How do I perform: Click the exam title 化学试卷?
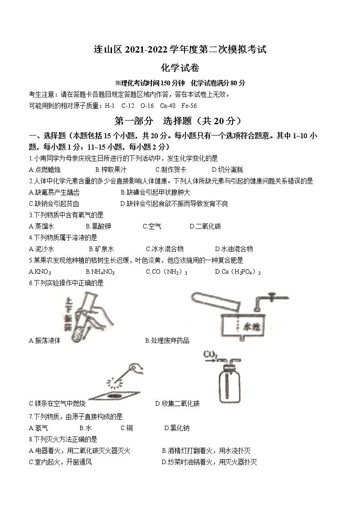[180, 68]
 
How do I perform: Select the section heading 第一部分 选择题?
[180, 121]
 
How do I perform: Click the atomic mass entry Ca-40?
[167, 106]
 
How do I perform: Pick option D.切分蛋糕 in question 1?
[228, 170]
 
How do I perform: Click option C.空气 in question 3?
[151, 226]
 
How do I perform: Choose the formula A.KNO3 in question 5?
[40, 272]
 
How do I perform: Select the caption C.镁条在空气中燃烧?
[57, 403]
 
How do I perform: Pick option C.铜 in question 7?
[126, 428]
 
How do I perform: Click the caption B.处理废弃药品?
[167, 340]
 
